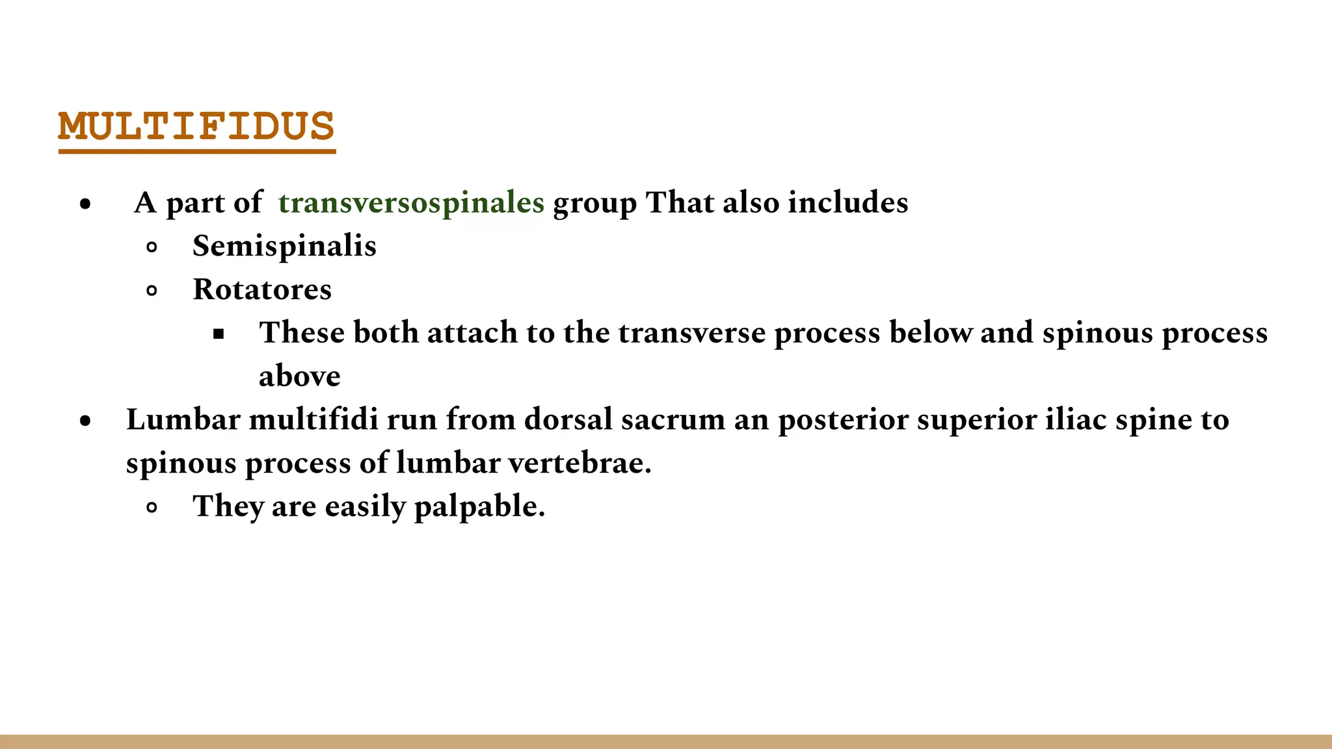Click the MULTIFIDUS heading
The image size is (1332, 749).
(196, 127)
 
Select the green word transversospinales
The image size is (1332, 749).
(411, 203)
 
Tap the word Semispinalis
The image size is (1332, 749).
(284, 246)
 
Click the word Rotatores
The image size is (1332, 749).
(262, 290)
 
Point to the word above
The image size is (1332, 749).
(299, 376)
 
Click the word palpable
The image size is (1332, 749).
(479, 506)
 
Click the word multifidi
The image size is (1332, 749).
(313, 419)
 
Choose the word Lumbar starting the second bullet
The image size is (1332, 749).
(183, 419)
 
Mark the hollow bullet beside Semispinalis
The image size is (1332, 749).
(152, 247)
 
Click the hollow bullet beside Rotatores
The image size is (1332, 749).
(152, 291)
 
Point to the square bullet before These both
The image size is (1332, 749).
(219, 334)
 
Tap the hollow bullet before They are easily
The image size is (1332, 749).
(152, 508)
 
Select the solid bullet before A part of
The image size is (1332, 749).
(85, 204)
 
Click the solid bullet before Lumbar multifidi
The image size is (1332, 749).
(85, 421)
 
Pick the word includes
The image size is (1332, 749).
(848, 203)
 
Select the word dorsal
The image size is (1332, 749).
(568, 419)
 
